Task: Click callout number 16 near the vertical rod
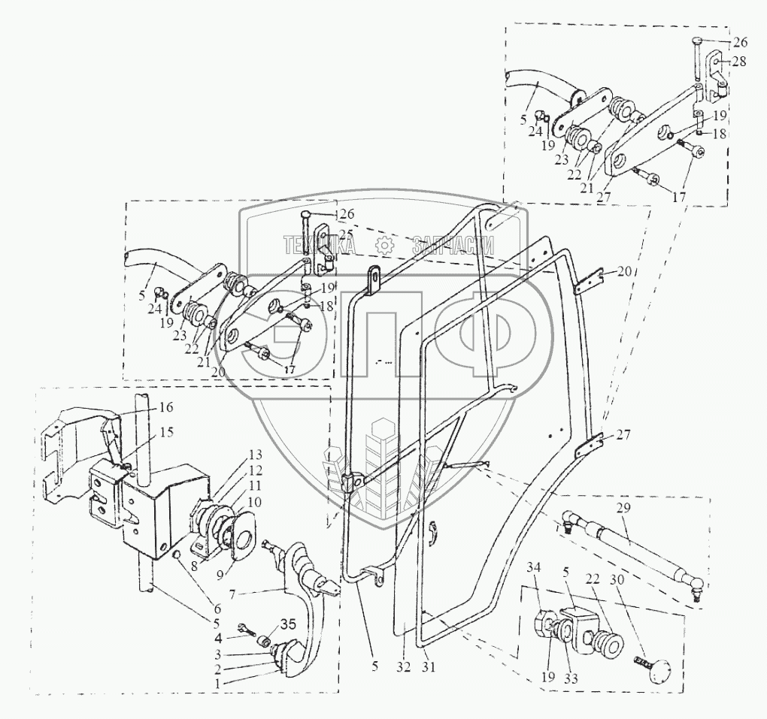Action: tap(165, 407)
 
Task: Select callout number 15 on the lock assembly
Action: tap(165, 432)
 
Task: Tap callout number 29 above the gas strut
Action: tap(623, 509)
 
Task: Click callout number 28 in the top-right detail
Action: tap(738, 62)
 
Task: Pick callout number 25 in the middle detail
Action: tap(345, 235)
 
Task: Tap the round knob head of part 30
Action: tap(659, 670)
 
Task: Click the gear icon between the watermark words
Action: tap(383, 244)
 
